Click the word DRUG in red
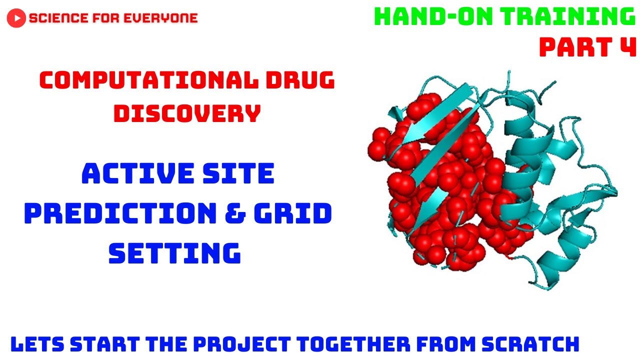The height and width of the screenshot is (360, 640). [299, 80]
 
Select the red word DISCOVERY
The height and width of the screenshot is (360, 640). [187, 113]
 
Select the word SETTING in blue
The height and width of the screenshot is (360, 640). [175, 253]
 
